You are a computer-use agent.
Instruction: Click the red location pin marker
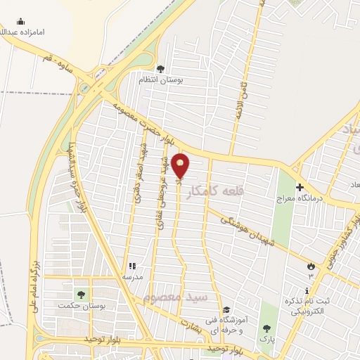pyautogui.click(x=181, y=165)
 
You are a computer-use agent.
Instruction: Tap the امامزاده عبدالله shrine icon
pyautogui.click(x=20, y=22)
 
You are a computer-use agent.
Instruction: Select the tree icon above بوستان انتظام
pyautogui.click(x=161, y=69)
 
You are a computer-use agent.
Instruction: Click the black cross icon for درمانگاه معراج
pyautogui.click(x=300, y=187)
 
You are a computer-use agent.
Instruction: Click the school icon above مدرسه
pyautogui.click(x=131, y=266)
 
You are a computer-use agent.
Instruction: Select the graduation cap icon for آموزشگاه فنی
pyautogui.click(x=226, y=310)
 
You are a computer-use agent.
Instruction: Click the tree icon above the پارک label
pyautogui.click(x=266, y=328)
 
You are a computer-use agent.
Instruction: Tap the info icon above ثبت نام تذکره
pyautogui.click(x=310, y=291)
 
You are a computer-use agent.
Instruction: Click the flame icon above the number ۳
pyautogui.click(x=311, y=266)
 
